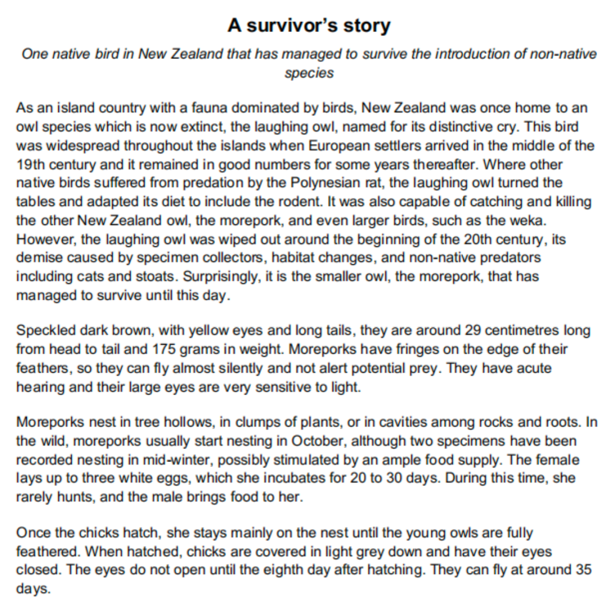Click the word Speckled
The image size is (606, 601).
click(x=41, y=330)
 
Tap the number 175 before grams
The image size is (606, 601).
click(x=165, y=348)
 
